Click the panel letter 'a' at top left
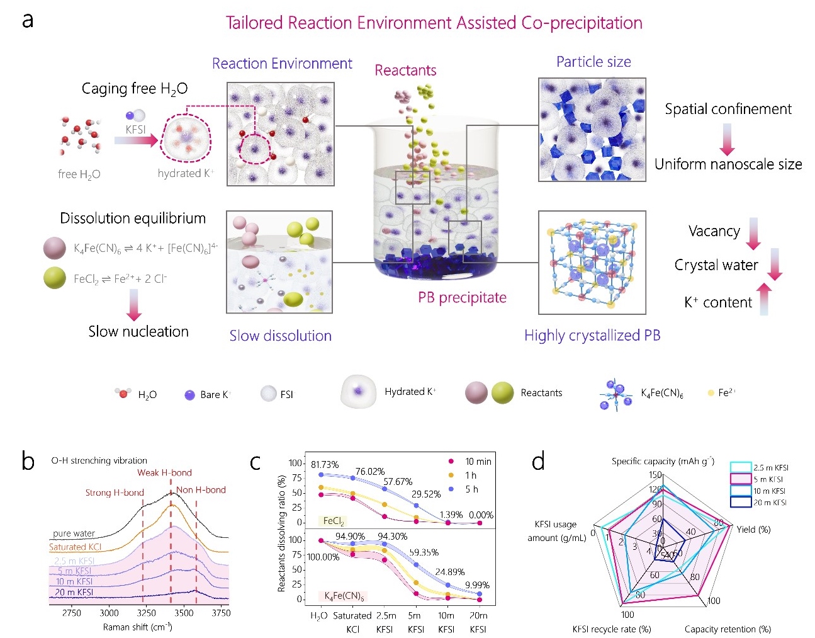tap(27, 21)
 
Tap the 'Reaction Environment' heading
tap(282, 64)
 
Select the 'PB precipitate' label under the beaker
tap(462, 297)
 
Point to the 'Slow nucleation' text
tap(138, 331)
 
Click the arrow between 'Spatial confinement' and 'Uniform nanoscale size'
tap(727, 139)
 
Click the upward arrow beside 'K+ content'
tap(763, 299)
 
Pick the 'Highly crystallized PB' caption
tap(592, 335)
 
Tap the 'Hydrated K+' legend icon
tap(358, 392)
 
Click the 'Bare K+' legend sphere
tap(189, 395)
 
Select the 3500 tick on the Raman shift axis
tap(184, 613)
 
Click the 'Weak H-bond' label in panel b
tap(164, 472)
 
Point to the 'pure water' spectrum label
tap(74, 533)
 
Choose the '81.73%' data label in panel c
tap(325, 465)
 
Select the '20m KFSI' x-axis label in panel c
tap(478, 622)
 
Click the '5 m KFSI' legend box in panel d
tap(741, 479)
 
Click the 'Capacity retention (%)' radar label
tap(727, 629)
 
